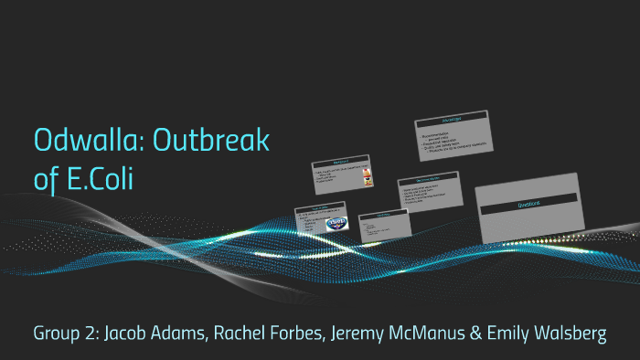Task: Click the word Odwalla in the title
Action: coord(89,141)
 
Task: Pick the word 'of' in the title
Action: coord(44,178)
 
